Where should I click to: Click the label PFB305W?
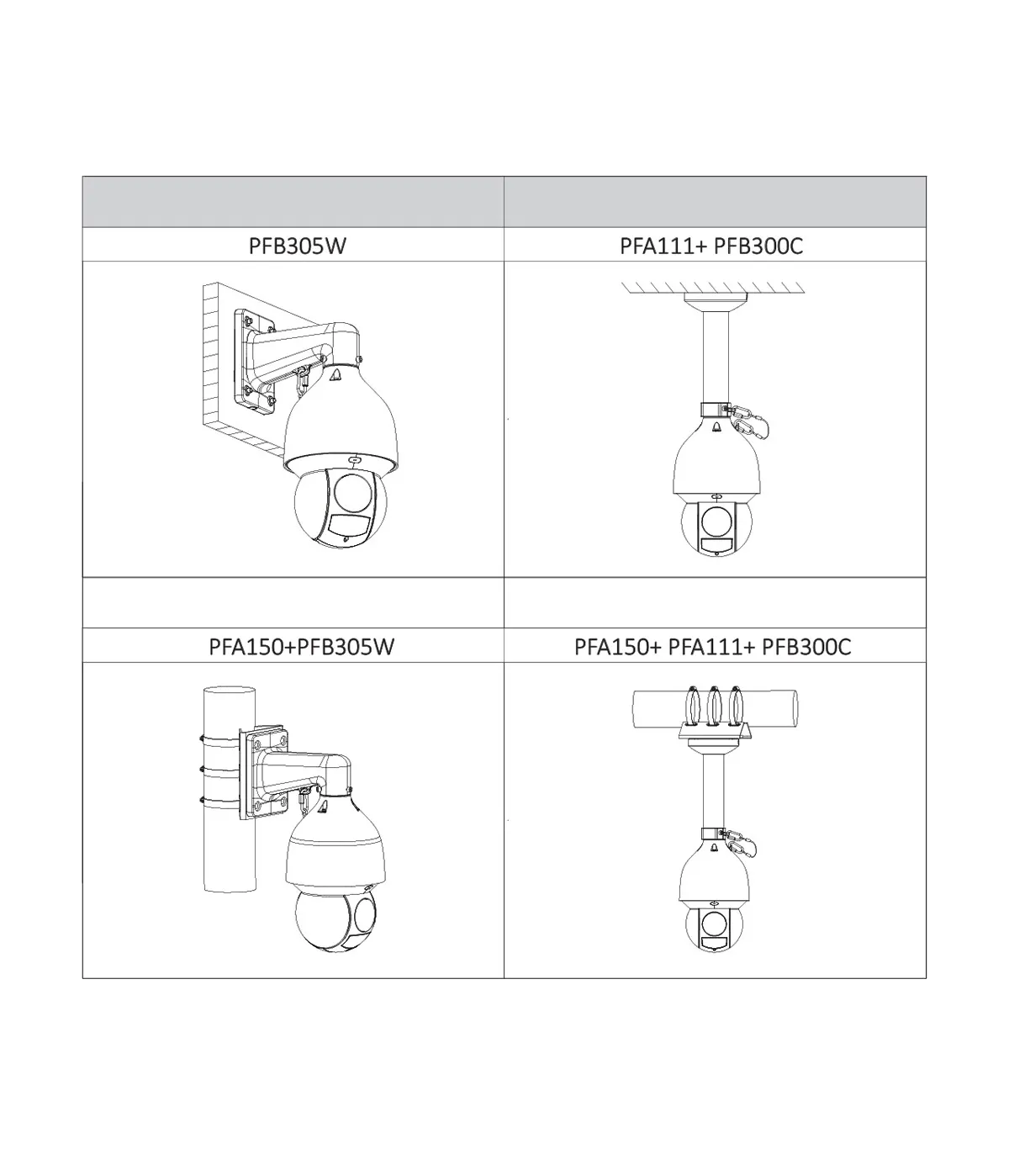[297, 246]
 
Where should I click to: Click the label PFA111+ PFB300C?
[711, 246]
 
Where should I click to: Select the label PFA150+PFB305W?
[301, 646]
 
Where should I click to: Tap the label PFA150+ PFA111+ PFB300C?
[712, 646]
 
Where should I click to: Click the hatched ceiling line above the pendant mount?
[712, 288]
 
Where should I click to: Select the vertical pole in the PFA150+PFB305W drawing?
[229, 790]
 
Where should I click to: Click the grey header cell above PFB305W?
[293, 201]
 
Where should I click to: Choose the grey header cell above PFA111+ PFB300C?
[715, 201]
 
